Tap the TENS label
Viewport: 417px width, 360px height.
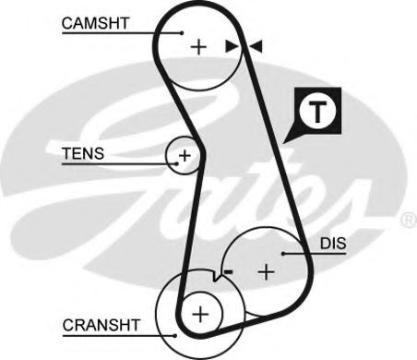click(83, 153)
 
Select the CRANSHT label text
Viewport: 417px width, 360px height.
click(101, 325)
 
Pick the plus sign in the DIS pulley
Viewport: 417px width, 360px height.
click(267, 271)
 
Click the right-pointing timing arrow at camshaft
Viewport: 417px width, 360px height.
click(232, 45)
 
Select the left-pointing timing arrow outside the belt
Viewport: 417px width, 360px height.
click(256, 45)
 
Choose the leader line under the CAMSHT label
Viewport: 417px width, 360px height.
click(111, 32)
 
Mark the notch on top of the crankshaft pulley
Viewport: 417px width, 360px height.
click(214, 275)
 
